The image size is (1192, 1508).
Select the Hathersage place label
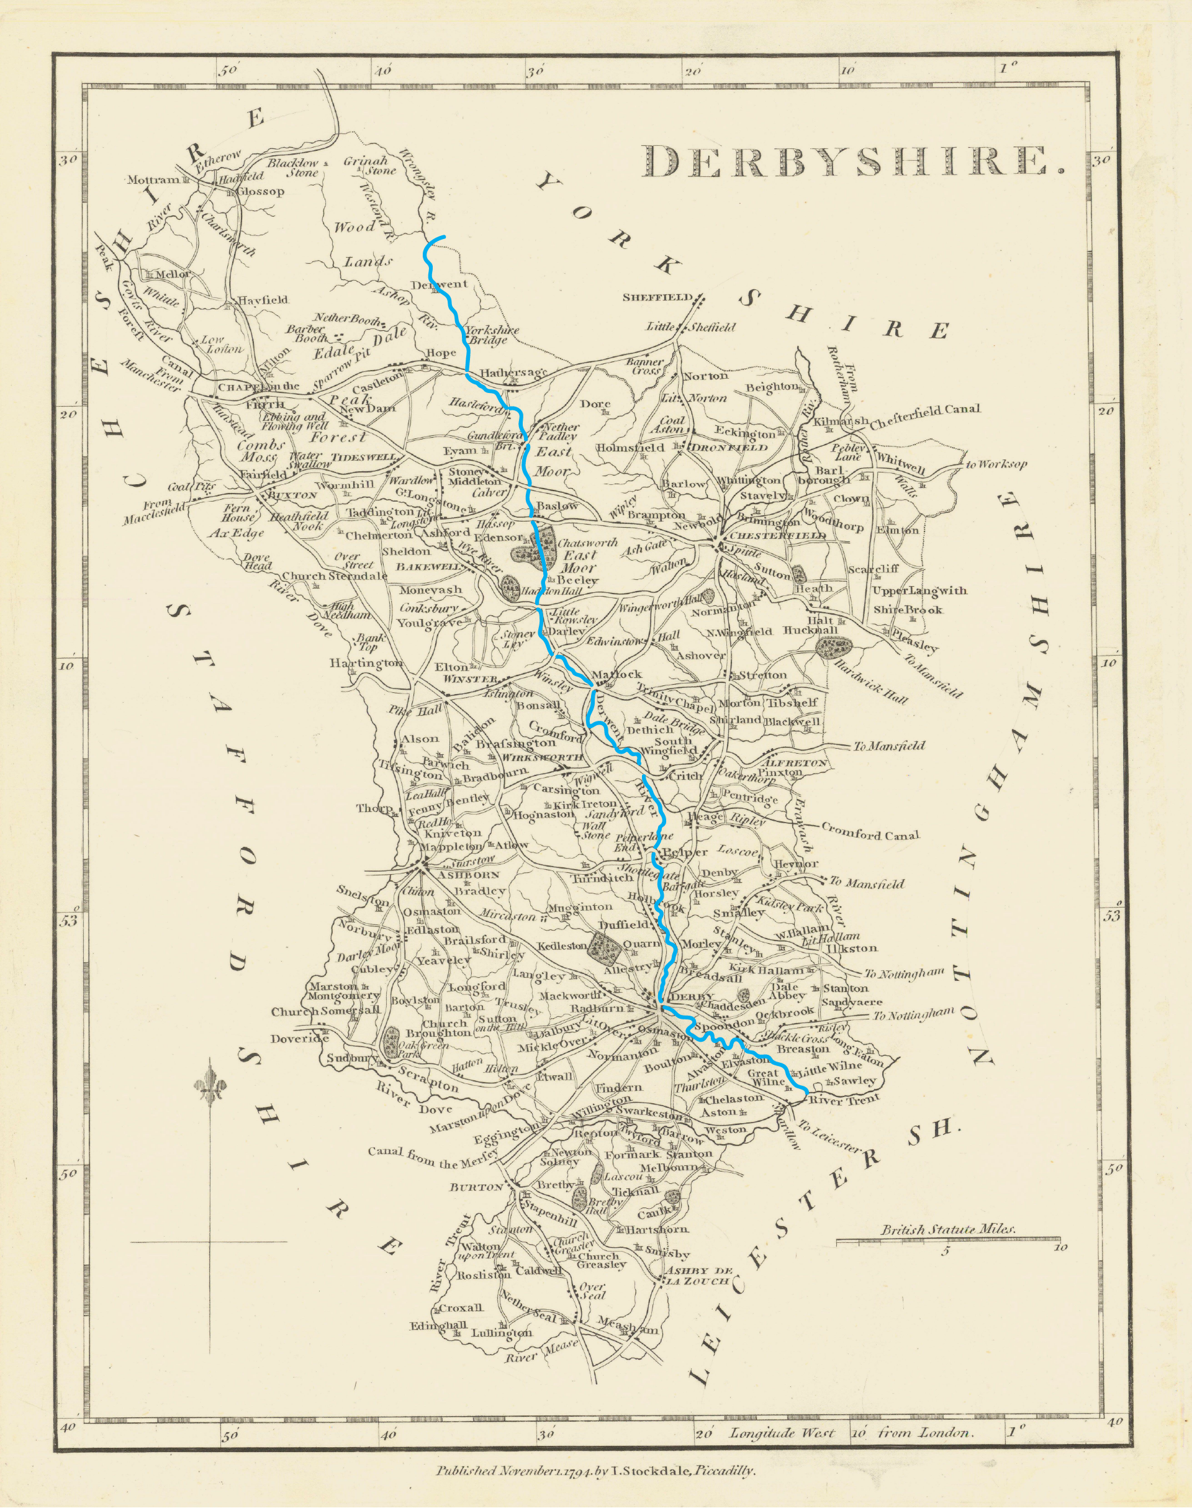pyautogui.click(x=510, y=373)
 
